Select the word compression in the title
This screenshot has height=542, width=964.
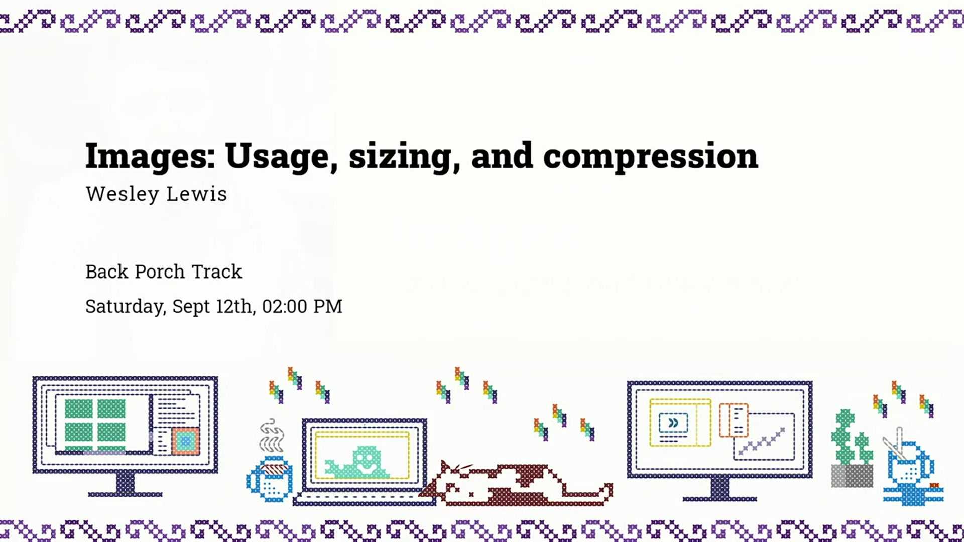[x=650, y=157]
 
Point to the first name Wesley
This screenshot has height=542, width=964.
[x=122, y=194]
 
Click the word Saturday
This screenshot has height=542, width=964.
[x=125, y=306]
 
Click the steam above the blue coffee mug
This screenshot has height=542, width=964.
[x=272, y=436]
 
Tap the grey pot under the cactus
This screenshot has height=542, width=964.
[x=852, y=476]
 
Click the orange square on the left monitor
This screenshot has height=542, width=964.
[x=185, y=441]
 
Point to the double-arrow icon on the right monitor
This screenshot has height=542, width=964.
[x=673, y=423]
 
